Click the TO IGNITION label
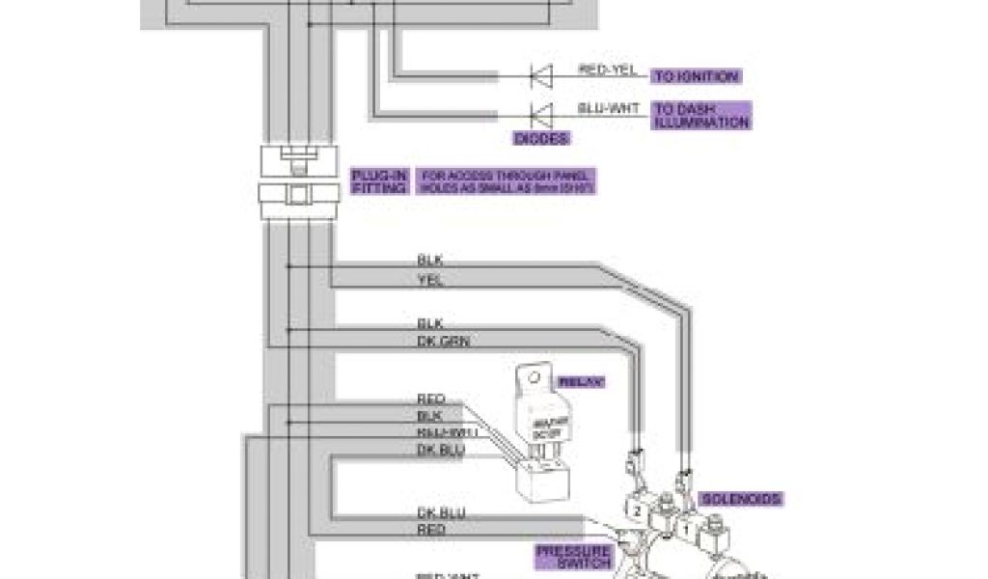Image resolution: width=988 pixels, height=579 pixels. click(696, 76)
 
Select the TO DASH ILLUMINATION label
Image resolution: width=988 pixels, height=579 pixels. click(701, 116)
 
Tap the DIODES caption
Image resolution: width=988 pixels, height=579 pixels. click(541, 139)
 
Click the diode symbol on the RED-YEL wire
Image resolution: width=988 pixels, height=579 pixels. click(540, 74)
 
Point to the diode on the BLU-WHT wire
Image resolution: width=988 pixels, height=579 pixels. click(540, 112)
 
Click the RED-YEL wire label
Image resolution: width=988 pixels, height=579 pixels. click(607, 69)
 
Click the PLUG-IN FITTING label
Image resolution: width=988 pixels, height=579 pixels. click(379, 181)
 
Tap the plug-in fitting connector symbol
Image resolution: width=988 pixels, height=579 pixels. click(297, 182)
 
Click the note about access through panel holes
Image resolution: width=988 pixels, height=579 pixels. click(506, 181)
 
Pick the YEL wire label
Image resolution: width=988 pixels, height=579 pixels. click(429, 280)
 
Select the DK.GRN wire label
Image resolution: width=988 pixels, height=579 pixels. click(443, 342)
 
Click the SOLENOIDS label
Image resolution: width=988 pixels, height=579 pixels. click(741, 499)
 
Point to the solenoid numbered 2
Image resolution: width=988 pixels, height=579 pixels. click(638, 509)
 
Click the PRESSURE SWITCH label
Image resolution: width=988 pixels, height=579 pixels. click(573, 557)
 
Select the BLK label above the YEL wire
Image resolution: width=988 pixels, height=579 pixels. click(429, 261)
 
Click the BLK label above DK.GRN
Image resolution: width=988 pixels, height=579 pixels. click(429, 324)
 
